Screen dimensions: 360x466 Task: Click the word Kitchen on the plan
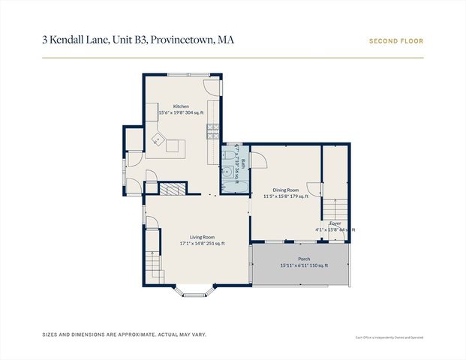pos(181,106)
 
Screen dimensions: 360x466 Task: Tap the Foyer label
pos(335,223)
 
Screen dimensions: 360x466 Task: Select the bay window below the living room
pos(197,291)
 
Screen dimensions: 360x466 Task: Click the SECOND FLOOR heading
pos(395,41)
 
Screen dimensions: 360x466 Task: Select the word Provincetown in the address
pos(182,39)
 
